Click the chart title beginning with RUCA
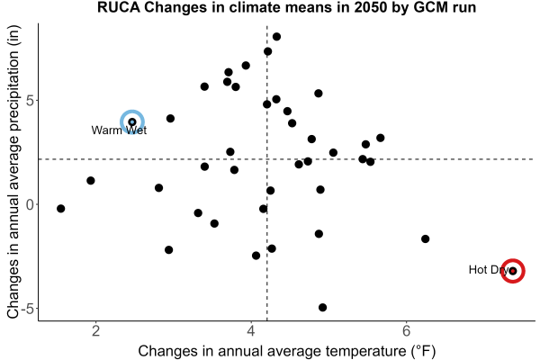tap(286, 7)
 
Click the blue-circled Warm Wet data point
tap(132, 122)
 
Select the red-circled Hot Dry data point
tap(513, 271)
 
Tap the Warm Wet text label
tap(119, 130)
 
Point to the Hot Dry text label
tap(489, 270)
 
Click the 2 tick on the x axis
tap(96, 331)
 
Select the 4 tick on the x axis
tap(251, 331)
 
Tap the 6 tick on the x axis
tap(407, 331)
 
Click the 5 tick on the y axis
tap(30, 101)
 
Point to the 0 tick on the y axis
tap(30, 204)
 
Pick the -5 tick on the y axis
tap(27, 309)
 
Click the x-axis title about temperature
tap(287, 351)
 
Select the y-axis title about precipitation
tap(13, 172)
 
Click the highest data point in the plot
tap(276, 37)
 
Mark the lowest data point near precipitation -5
tap(323, 307)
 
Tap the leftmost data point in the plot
tap(61, 209)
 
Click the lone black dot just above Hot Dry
tap(426, 238)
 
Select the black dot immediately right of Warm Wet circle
tap(170, 119)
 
